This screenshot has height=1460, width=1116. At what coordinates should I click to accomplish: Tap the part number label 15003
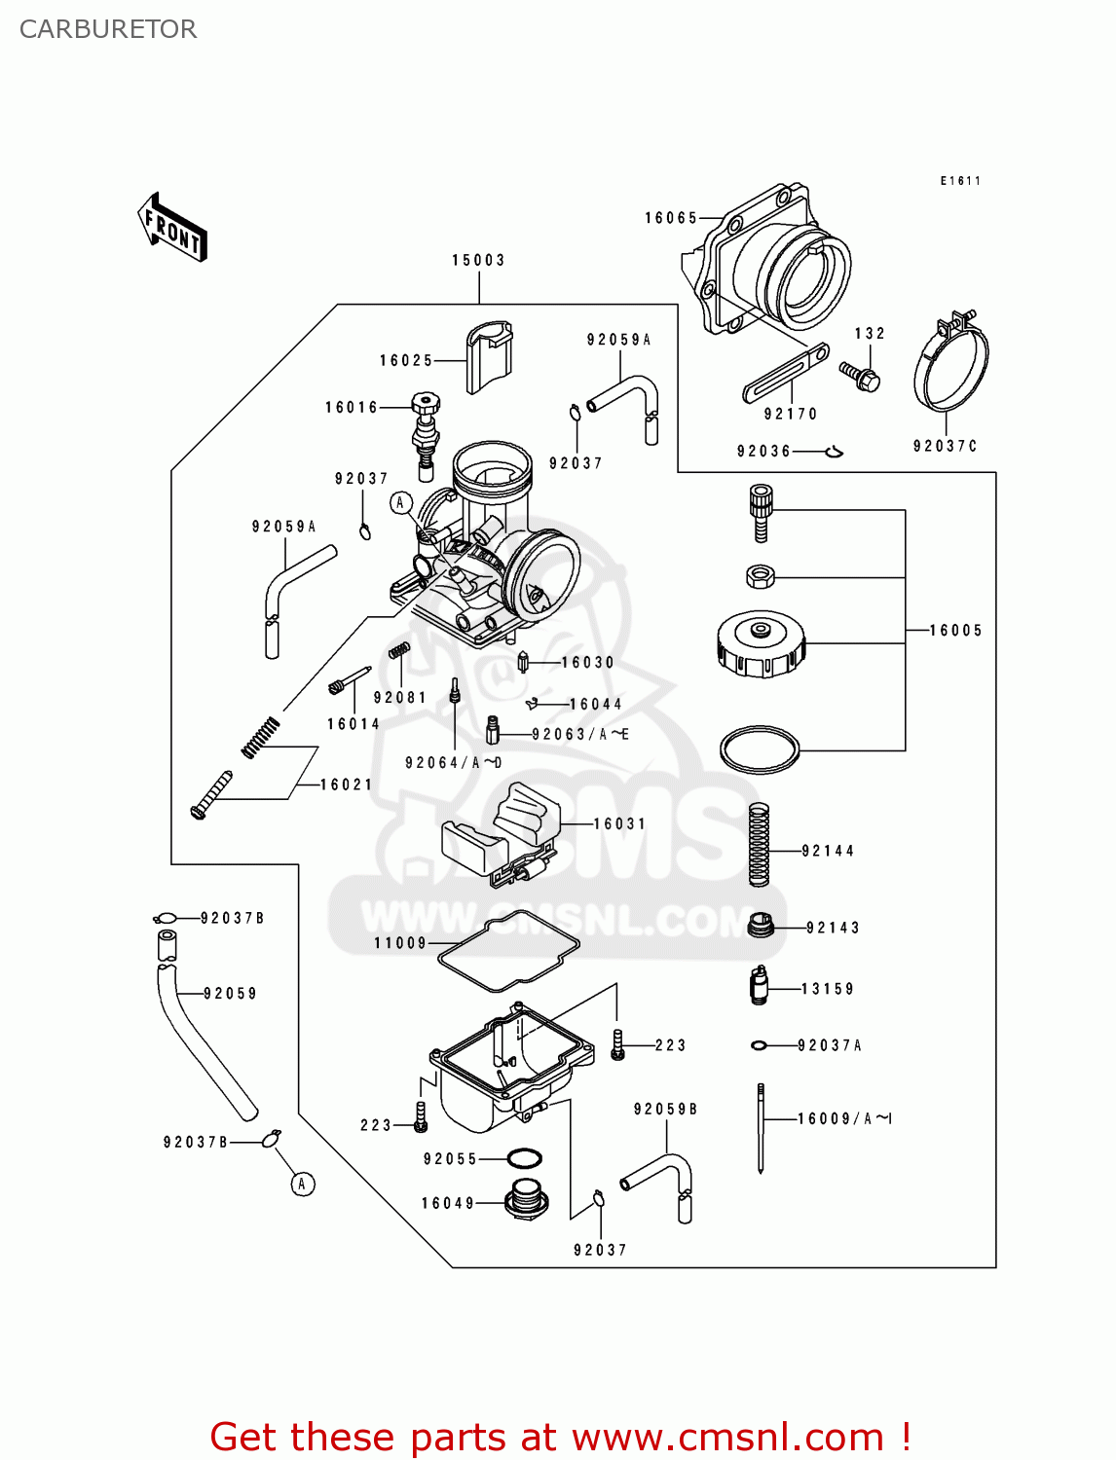(x=478, y=260)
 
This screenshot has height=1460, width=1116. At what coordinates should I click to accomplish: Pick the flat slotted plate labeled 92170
(x=786, y=372)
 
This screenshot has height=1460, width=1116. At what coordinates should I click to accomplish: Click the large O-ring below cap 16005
(x=760, y=748)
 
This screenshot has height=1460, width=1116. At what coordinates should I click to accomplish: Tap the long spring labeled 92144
(x=759, y=844)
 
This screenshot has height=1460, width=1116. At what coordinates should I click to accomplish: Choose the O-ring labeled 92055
(x=525, y=1158)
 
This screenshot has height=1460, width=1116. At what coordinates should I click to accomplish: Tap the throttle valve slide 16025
(x=489, y=356)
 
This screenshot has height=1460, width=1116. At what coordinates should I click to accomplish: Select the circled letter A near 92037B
(x=303, y=1184)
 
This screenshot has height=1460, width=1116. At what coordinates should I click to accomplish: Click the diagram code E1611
(x=960, y=180)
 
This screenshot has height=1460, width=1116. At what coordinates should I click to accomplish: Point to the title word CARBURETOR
(x=108, y=29)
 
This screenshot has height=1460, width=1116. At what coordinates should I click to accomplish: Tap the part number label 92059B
(x=665, y=1109)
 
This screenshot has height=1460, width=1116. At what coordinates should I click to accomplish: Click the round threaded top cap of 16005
(x=761, y=643)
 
